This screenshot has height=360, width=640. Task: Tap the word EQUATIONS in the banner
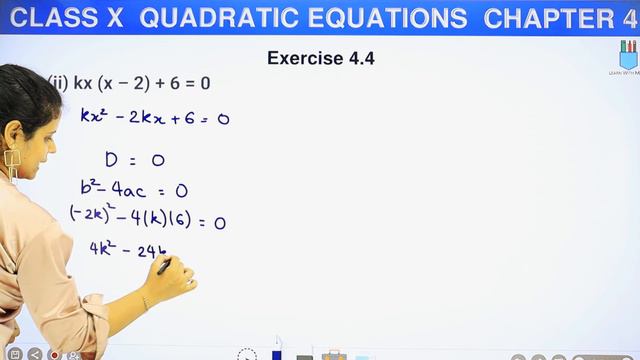click(x=388, y=19)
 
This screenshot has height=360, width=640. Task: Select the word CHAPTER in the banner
click(x=545, y=19)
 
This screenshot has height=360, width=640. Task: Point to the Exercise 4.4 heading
click(x=320, y=58)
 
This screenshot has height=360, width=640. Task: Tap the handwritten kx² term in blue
click(x=96, y=116)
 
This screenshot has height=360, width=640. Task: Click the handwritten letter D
click(x=112, y=159)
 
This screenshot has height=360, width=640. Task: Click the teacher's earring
click(x=12, y=163)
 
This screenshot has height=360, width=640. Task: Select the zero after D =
click(x=158, y=160)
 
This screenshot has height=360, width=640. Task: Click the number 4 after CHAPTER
click(x=629, y=19)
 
